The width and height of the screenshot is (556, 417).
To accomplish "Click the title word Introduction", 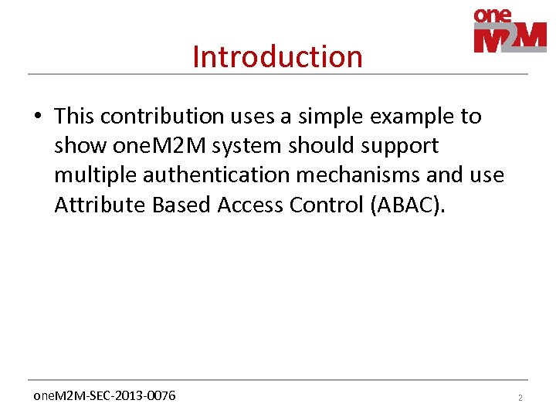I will pos(277,56).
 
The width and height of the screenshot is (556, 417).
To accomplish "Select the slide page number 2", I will pos(520,397).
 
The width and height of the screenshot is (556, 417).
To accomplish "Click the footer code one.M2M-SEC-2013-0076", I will pos(104,395).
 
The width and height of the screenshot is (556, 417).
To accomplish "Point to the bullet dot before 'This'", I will pos(37,117).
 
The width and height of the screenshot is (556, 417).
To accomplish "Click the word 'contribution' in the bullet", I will pos(161,117).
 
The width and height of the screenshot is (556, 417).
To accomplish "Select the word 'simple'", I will pos(339,117).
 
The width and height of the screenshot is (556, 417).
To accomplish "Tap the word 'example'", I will pos(418,117).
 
